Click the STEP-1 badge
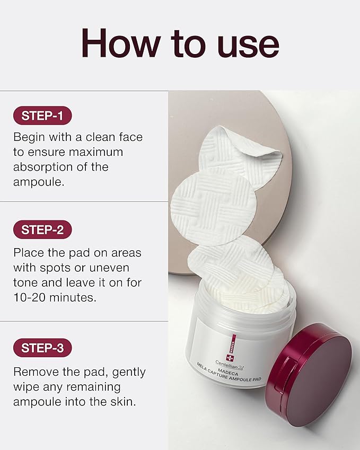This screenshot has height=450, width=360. point(42,116)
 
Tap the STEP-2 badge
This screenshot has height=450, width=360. point(42,230)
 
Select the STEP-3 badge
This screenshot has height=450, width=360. point(42,348)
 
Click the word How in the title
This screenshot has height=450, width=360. point(120,43)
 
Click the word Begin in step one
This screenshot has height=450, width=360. point(29,137)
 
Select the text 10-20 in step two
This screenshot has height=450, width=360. point(30,297)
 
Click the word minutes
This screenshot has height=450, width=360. point(73,297)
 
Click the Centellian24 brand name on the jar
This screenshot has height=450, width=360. point(229,365)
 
